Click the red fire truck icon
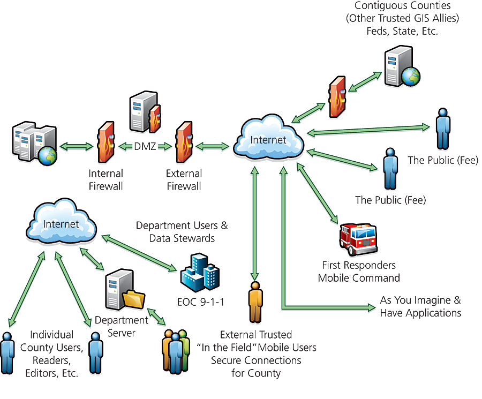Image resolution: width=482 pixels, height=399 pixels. click(x=358, y=239)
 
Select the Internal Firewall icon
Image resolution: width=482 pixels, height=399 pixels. click(x=104, y=143)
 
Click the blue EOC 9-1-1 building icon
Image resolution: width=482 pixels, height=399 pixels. click(x=200, y=273)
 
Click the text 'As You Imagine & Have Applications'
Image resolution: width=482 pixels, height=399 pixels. click(x=420, y=306)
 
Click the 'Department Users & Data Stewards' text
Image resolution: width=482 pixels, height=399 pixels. click(x=182, y=231)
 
